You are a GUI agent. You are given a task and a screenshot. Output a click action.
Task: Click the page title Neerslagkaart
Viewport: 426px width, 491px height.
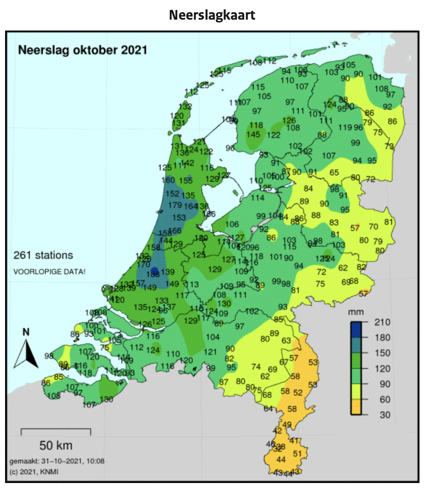[212, 15]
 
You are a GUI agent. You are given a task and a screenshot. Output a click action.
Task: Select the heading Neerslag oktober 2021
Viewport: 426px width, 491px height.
[83, 50]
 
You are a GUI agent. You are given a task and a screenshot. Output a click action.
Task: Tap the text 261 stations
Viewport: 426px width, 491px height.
[43, 255]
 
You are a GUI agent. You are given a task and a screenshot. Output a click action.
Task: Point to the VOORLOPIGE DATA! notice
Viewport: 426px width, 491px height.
[49, 272]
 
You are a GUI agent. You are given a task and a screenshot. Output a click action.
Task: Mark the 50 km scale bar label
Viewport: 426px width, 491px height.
[56, 445]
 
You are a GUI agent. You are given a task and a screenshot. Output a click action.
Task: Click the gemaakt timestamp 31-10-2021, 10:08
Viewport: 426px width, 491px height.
[57, 461]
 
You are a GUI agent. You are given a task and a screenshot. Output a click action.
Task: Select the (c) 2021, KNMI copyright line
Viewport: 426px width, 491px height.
[34, 472]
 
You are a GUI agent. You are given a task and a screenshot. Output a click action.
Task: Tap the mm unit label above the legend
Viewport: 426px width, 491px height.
[355, 312]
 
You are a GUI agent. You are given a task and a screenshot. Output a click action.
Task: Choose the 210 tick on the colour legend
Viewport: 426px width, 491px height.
[382, 322]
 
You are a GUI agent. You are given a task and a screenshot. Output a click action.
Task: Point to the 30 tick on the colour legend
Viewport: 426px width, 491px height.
[385, 415]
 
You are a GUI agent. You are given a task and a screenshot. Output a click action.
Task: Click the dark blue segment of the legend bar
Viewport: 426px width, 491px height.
[356, 330]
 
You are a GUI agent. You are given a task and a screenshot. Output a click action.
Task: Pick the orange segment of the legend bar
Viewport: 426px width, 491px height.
[356, 407]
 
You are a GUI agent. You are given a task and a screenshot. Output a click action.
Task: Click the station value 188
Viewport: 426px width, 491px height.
[153, 274]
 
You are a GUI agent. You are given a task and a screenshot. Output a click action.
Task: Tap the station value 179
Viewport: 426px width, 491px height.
[175, 205]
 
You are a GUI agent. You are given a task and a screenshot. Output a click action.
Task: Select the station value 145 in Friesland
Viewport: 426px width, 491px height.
[253, 135]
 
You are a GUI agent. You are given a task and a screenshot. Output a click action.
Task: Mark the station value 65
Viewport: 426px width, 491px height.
[334, 172]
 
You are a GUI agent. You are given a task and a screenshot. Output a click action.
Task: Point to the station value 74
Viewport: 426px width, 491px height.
[256, 367]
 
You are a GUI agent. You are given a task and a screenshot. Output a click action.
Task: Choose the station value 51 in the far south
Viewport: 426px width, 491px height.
[297, 454]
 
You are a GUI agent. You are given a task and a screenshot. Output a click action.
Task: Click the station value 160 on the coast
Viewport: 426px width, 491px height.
[168, 180]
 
